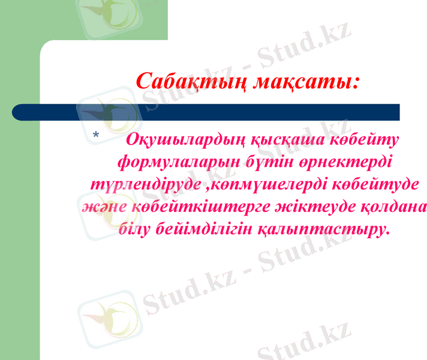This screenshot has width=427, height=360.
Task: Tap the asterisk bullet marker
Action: [x=97, y=137]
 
